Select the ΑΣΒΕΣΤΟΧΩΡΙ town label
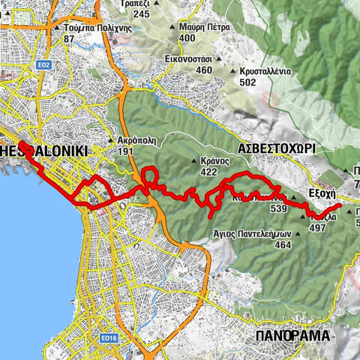coord(277,149)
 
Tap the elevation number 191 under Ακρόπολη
coord(125,151)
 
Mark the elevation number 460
coord(203,70)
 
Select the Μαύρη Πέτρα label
coord(204,25)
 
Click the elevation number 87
coord(70,38)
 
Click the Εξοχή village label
coord(323,191)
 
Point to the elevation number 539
coord(279,208)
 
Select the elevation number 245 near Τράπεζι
coord(142,14)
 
